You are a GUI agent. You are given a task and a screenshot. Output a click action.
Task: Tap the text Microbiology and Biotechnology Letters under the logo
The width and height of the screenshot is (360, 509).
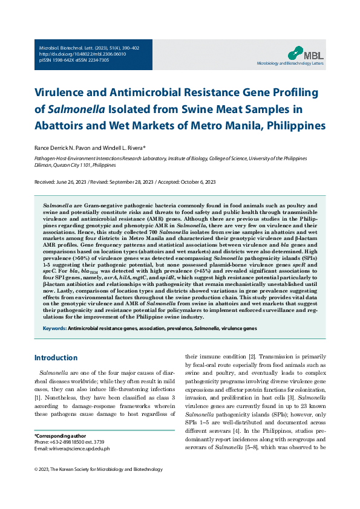[x=290, y=62]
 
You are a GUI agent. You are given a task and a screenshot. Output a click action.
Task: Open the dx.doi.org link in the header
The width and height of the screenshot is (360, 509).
[x=74, y=54]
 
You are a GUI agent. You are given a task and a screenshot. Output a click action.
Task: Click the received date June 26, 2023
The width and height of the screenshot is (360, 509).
[x=72, y=182]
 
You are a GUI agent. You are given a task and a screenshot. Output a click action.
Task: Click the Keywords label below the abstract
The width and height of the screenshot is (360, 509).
[x=54, y=328]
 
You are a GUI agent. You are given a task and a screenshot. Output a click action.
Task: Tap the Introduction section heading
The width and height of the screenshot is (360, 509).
[x=56, y=358]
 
